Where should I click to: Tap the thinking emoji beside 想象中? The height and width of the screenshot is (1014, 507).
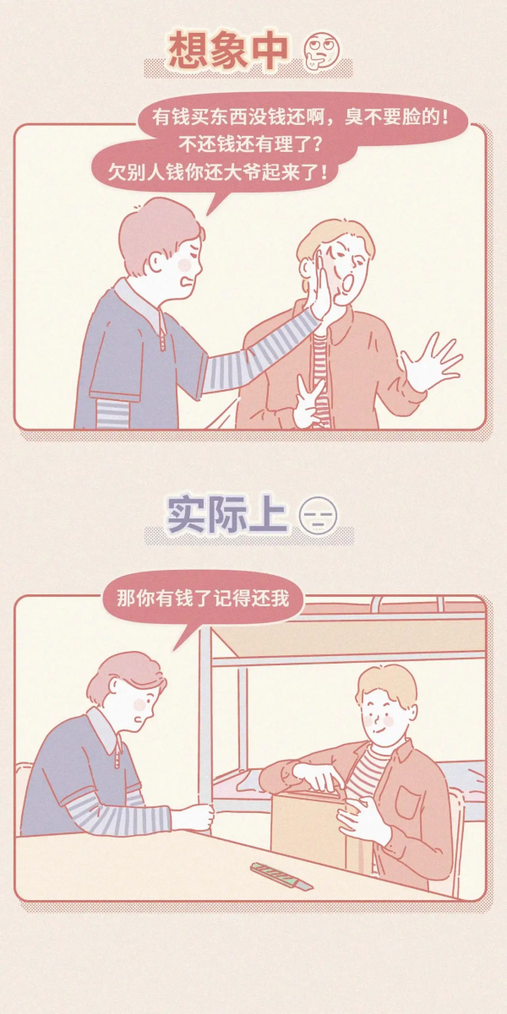317,51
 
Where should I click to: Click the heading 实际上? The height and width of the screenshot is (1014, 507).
227,514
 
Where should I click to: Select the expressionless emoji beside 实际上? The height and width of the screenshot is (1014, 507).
318,516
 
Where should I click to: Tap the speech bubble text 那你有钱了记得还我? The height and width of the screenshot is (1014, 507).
203,599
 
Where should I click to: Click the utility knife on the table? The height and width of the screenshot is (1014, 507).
281,876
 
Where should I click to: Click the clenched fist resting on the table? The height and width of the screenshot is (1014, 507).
194,816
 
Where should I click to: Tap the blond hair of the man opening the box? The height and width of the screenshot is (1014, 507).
385,685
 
